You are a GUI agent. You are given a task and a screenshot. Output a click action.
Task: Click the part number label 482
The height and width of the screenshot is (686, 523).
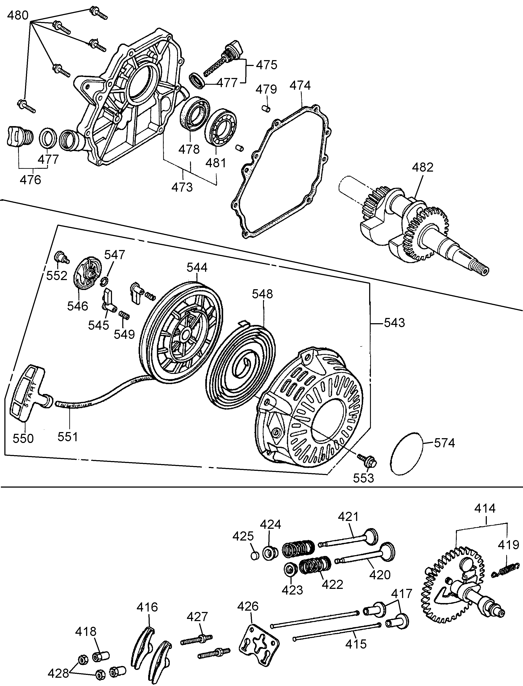pos(423,167)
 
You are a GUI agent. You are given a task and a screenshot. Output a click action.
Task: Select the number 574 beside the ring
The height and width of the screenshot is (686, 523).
pos(444,443)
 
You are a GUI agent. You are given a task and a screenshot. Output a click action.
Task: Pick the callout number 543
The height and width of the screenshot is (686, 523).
pos(394,323)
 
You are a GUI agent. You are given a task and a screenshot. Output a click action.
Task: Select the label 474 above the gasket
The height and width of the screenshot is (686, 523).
pos(300,85)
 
